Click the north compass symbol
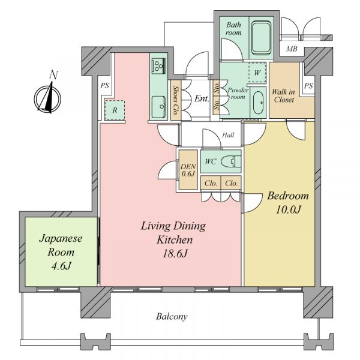tap(47, 96)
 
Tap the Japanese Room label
tap(61, 251)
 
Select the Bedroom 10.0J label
tap(288, 203)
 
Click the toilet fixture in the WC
tap(231, 161)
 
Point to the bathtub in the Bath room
tap(261, 37)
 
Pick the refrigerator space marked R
tap(115, 110)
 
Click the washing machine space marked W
tap(257, 73)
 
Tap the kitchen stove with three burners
tap(158, 66)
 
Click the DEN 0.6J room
tap(188, 170)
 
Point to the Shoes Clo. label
tap(176, 100)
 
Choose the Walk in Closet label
tap(283, 96)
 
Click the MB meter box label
tap(292, 49)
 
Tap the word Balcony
tap(172, 316)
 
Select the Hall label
tap(228, 135)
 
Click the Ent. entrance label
tap(202, 98)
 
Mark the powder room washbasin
tap(258, 103)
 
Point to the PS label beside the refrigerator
tap(104, 86)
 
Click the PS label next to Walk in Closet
tap(308, 86)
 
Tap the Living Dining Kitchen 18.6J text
tap(173, 239)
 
